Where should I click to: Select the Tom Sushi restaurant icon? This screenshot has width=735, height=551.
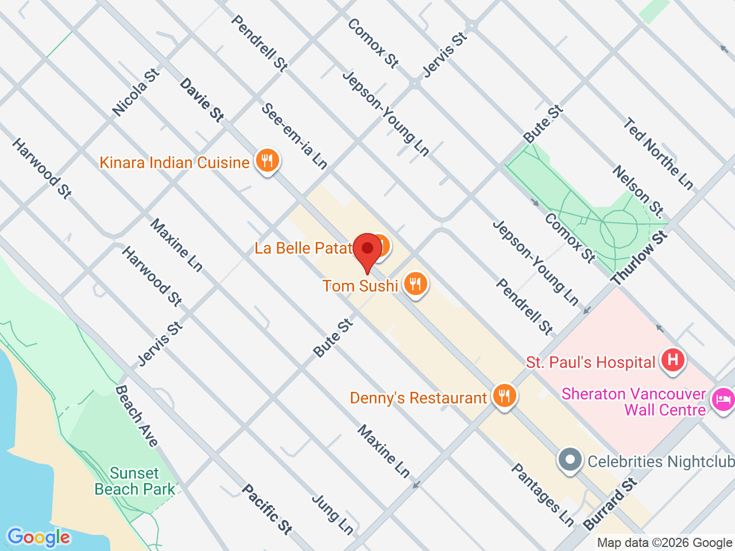tap(415, 284)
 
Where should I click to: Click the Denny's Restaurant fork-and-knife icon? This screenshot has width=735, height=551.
tap(504, 395)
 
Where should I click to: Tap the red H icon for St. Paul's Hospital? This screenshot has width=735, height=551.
tap(672, 360)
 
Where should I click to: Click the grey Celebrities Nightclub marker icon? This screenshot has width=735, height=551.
tap(570, 460)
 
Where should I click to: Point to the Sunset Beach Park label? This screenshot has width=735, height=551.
tap(135, 481)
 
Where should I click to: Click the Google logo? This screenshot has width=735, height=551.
tap(38, 538)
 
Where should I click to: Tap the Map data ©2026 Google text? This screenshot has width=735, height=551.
tap(664, 542)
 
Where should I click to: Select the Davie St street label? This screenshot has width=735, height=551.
tap(202, 100)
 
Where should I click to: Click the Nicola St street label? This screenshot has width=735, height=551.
tap(136, 92)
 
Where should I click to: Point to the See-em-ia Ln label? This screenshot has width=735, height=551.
tap(294, 136)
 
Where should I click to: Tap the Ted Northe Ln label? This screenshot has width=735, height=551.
tap(659, 153)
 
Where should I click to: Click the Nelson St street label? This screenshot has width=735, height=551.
tap(638, 192)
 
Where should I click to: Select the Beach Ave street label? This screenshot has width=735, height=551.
tap(137, 416)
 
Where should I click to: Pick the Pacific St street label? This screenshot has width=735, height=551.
tap(266, 509)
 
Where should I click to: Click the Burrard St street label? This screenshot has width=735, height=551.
tap(610, 503)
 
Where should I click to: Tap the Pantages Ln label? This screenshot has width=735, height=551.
tap(542, 495)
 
